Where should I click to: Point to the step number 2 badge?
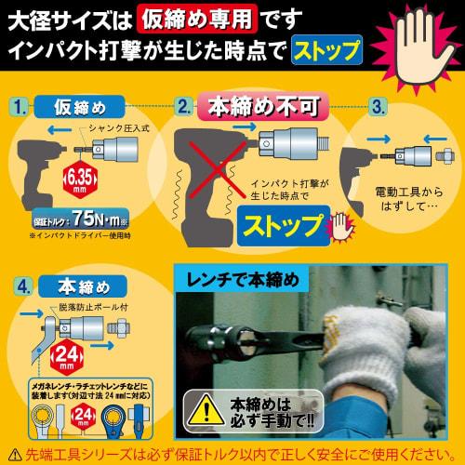pos(183,107)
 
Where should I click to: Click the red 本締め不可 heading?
pos(247,105)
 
